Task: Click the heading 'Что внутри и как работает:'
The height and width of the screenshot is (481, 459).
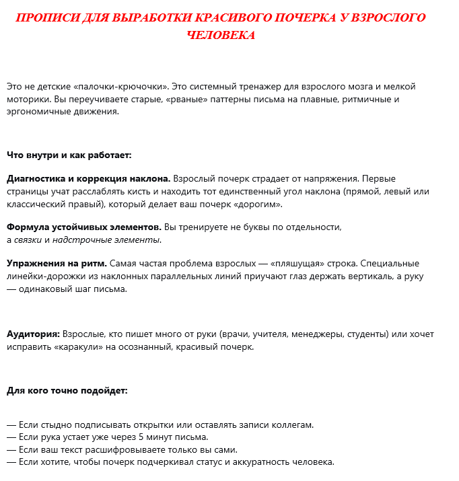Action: [x=69, y=155]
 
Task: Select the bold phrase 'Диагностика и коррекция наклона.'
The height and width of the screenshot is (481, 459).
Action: [x=88, y=180]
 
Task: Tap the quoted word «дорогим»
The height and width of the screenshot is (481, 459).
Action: [x=258, y=205]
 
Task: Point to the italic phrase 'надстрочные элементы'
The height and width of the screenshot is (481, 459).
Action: [x=107, y=240]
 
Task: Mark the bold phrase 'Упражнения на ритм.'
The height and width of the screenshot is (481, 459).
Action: [x=57, y=264]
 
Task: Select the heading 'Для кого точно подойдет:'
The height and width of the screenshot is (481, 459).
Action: [x=67, y=391]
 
